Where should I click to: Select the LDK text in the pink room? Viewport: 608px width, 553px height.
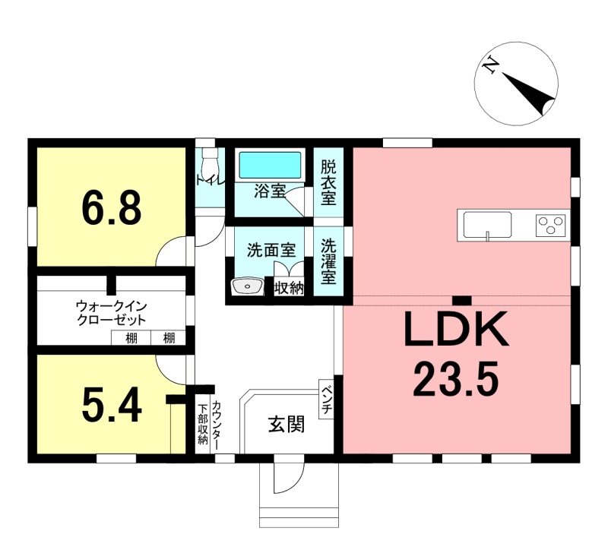456,330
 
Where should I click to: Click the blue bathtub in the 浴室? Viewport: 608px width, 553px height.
270,165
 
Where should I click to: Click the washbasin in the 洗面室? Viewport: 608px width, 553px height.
247,286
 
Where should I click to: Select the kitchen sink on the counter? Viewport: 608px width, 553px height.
488,225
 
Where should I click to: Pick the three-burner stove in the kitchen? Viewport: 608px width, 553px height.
550,225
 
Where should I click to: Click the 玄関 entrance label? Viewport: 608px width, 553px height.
287,425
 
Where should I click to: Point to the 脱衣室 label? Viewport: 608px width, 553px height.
328,183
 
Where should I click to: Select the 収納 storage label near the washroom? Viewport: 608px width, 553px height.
289,288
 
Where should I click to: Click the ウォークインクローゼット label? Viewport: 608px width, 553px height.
112,313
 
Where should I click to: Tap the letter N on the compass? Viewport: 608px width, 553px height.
490,65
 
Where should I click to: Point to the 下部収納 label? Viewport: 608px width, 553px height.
202,424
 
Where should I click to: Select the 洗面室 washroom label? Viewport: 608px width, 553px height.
271,251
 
